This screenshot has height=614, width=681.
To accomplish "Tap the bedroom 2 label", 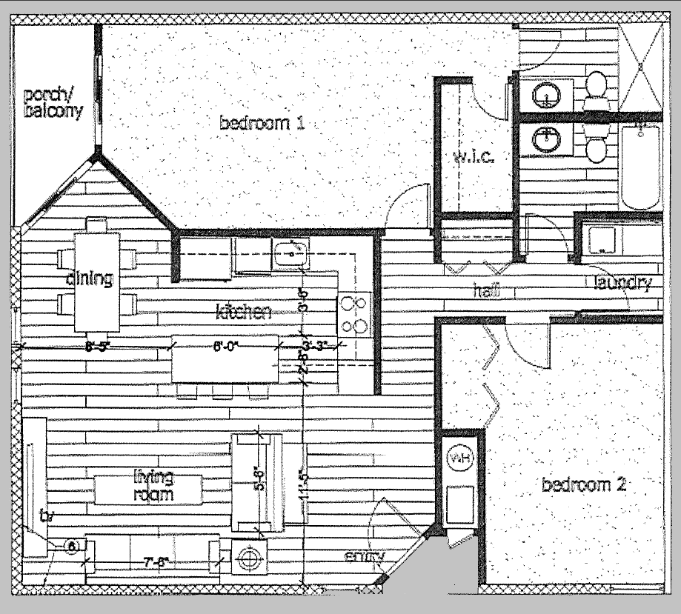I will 585,486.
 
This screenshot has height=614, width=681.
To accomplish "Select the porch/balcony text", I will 53,104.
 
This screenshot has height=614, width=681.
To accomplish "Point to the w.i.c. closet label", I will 472,156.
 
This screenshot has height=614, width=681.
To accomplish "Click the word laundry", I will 622,282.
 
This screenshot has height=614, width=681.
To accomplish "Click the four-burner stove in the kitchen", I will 353,313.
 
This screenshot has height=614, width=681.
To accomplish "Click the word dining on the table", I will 89,279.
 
